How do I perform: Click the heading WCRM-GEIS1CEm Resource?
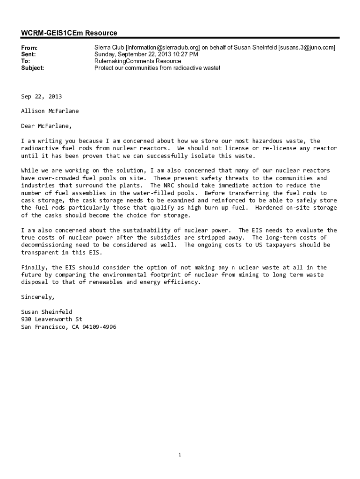point(69,33)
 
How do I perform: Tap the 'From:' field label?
point(29,48)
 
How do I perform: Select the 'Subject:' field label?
point(33,68)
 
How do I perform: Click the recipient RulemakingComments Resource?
point(137,61)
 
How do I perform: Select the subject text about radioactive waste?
point(157,68)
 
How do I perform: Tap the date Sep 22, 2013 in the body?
point(41,96)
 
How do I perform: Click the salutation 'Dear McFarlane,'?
point(47,126)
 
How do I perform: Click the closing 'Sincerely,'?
point(38,297)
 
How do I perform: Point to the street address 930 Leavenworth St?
point(51,319)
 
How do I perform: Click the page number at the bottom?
point(180,455)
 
